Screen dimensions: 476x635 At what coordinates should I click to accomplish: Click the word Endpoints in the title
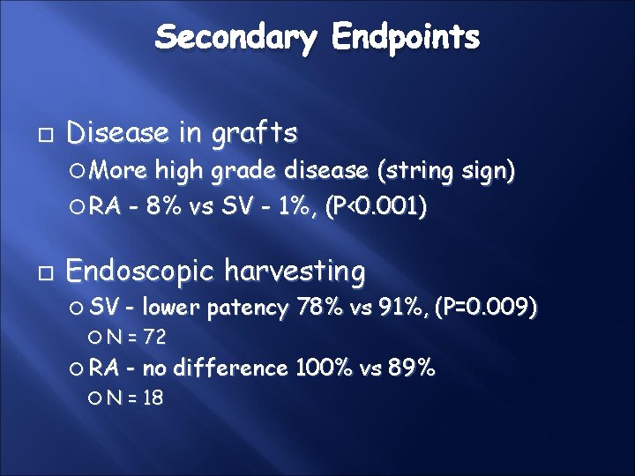click(x=407, y=37)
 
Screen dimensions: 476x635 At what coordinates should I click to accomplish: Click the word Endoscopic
click(x=143, y=271)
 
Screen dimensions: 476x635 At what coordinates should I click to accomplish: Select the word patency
click(x=250, y=308)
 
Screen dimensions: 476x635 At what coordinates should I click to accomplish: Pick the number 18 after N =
click(x=153, y=398)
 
